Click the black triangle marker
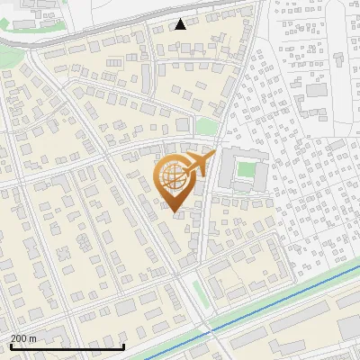click(x=181, y=23)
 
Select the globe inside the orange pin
click(x=174, y=178)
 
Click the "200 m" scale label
click(x=24, y=338)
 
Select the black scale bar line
click(x=67, y=347)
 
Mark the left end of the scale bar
click(x=12, y=347)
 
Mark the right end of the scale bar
click(x=123, y=347)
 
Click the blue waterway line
click(x=270, y=303)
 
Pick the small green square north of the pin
click(x=207, y=127)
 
